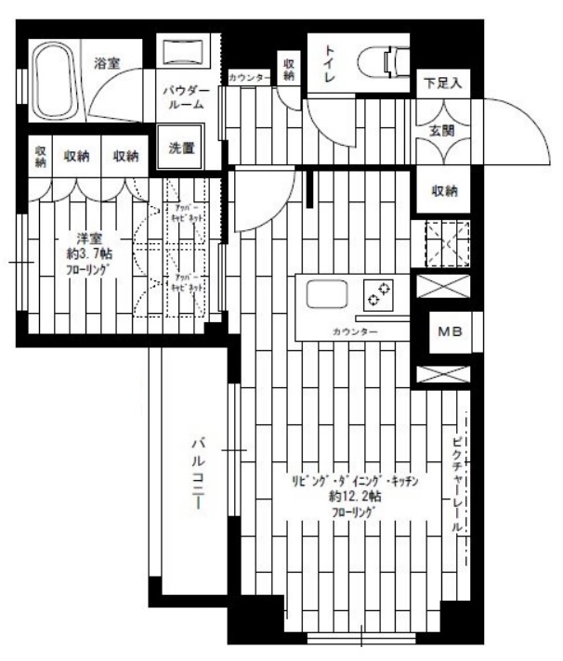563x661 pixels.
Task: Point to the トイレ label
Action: pos(331,66)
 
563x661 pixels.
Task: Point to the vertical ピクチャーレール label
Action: pos(456,483)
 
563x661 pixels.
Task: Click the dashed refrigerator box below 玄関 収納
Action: pos(447,243)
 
